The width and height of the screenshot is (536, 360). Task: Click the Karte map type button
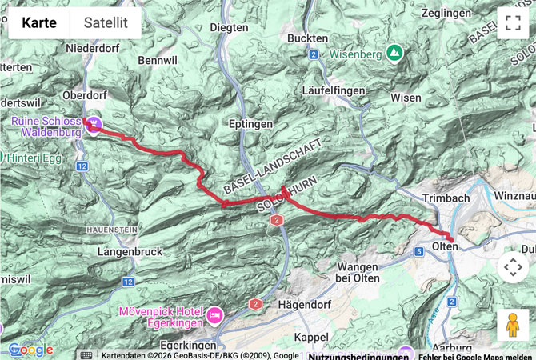39,22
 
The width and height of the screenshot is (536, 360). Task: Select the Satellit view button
106,22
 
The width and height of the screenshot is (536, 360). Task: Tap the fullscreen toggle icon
513,22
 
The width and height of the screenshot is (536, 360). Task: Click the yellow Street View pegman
513,325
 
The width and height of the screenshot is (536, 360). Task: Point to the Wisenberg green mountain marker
394,53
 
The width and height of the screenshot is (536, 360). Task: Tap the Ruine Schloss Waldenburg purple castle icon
94,122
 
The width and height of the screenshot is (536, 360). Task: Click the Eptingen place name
251,124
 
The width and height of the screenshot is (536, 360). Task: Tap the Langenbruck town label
129,252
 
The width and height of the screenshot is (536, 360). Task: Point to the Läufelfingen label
334,90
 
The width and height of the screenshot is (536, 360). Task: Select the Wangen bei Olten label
368,271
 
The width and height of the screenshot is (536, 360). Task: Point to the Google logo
30,350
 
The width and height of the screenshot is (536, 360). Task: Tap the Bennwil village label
156,60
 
